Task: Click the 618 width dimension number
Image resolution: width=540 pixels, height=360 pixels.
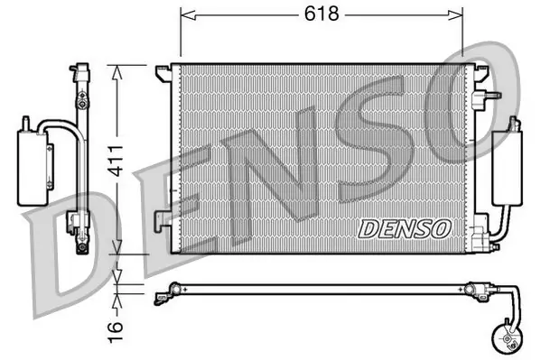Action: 321,14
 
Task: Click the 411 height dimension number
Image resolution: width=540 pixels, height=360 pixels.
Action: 115,162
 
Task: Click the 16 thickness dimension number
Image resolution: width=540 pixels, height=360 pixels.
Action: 115,332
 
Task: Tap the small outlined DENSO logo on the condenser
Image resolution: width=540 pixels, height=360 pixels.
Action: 405,229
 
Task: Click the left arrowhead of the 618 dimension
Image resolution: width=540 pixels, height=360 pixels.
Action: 188,14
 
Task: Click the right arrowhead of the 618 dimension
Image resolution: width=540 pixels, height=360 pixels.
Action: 455,14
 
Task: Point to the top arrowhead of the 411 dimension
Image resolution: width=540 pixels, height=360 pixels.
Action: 117,72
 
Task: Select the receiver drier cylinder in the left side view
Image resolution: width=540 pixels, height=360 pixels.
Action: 33,169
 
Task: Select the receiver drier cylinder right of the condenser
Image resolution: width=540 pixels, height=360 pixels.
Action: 507,169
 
